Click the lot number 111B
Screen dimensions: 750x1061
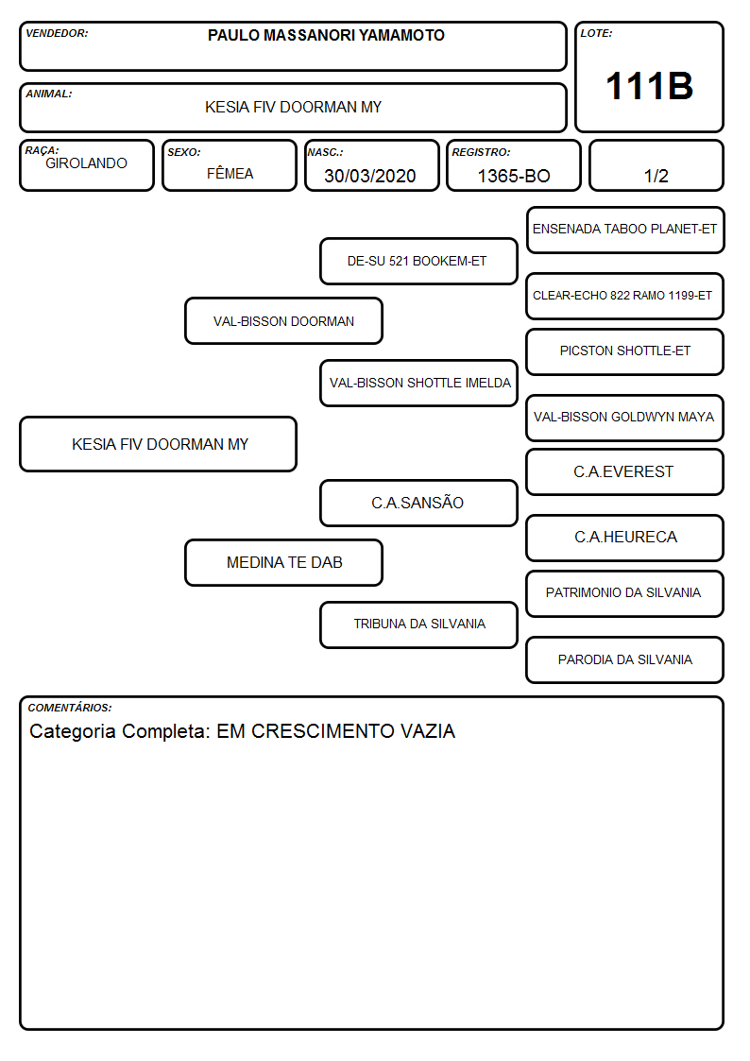pyautogui.click(x=649, y=86)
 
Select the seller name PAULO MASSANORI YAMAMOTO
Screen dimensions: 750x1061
pyautogui.click(x=326, y=35)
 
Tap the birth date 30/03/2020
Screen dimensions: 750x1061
pyautogui.click(x=370, y=176)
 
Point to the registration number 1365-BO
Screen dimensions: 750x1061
pyautogui.click(x=514, y=176)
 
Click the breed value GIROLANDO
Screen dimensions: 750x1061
pyautogui.click(x=86, y=163)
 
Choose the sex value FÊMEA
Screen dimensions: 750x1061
pyautogui.click(x=230, y=173)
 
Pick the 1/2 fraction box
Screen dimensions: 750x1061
pyautogui.click(x=656, y=165)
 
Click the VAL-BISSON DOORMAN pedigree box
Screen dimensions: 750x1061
pyautogui.click(x=284, y=320)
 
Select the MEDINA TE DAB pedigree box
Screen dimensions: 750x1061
pyautogui.click(x=284, y=562)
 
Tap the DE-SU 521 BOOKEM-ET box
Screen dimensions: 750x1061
pyautogui.click(x=418, y=261)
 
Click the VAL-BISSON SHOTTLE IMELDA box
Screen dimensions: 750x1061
pyautogui.click(x=418, y=383)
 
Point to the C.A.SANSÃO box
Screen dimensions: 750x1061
pyautogui.click(x=418, y=503)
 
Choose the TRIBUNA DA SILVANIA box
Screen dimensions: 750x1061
pyautogui.click(x=418, y=625)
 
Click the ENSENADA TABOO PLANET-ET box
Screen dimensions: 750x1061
pyautogui.click(x=625, y=231)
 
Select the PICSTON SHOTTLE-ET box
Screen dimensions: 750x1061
pyautogui.click(x=625, y=351)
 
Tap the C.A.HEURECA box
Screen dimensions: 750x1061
pyautogui.click(x=625, y=538)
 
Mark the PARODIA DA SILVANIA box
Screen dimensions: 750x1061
pyautogui.click(x=625, y=659)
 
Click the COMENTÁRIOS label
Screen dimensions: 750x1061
pyautogui.click(x=70, y=708)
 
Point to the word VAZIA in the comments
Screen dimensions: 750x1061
pyautogui.click(x=428, y=730)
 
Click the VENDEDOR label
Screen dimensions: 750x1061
pyautogui.click(x=57, y=33)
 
